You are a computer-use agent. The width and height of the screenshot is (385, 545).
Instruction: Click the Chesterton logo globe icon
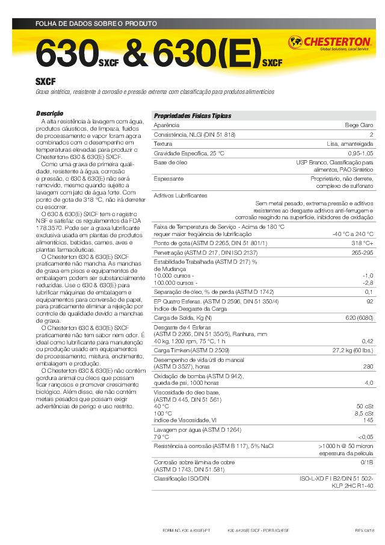point(295,43)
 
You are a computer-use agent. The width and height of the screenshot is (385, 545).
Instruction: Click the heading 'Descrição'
point(50,113)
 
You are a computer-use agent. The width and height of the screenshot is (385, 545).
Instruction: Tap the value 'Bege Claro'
point(359,125)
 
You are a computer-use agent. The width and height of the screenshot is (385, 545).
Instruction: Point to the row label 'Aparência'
point(166,125)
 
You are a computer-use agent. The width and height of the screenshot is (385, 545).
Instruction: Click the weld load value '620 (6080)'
point(359,317)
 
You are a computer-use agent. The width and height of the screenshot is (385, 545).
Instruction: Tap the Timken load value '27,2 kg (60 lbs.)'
point(353,350)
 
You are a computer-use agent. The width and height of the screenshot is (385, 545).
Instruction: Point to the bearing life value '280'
point(368,366)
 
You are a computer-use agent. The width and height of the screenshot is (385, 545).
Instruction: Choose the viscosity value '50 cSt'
point(365,406)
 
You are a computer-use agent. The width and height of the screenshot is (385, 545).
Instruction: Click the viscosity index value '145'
point(368,420)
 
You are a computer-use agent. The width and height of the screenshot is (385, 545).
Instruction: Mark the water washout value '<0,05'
point(365,437)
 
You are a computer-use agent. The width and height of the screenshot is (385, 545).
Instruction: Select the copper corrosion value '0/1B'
point(367,462)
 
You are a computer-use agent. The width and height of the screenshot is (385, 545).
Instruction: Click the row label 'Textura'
point(163,144)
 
